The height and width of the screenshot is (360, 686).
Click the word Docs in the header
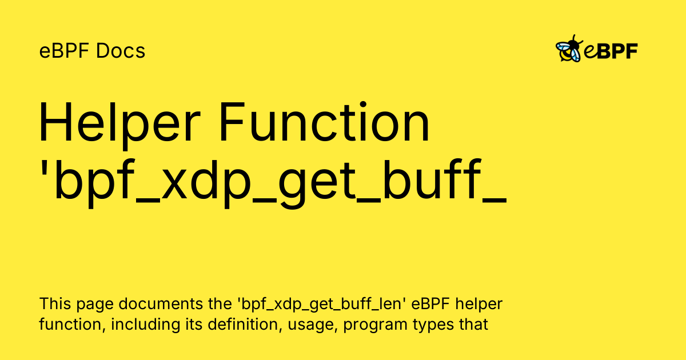[121, 51]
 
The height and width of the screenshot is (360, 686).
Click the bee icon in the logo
[569, 49]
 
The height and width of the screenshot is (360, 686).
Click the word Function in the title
[325, 122]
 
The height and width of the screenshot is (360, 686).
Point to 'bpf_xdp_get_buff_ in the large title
[273, 183]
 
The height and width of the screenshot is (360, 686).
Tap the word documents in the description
[161, 304]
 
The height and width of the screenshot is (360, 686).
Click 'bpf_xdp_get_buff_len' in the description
[321, 304]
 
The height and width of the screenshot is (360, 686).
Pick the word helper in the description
[479, 305]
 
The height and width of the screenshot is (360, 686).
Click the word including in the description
[145, 325]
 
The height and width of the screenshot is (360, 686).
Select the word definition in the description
[245, 325]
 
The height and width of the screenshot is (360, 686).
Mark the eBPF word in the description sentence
[430, 304]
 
